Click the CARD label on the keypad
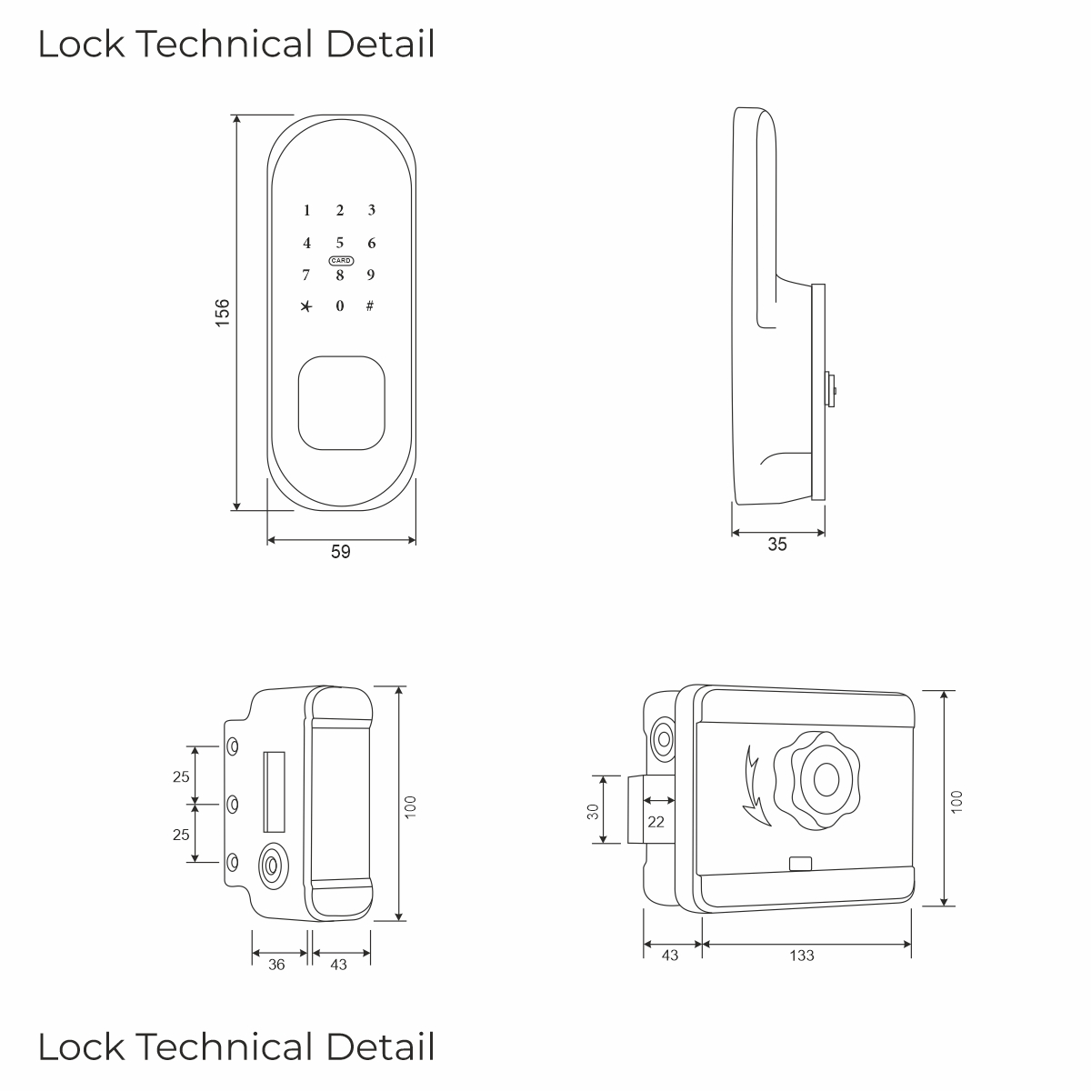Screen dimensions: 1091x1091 point(341,260)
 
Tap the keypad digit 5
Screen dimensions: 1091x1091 point(340,243)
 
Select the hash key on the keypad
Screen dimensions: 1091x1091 point(370,305)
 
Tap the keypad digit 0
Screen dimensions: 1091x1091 point(340,305)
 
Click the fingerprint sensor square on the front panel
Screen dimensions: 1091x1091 point(342,403)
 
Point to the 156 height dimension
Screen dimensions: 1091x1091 point(223,313)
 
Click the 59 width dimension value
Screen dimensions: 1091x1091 point(341,552)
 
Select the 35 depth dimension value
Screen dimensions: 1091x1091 point(777,544)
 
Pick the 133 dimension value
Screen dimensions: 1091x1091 point(802,956)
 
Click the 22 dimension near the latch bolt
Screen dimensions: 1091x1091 point(656,822)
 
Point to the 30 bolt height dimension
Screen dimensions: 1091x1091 point(593,811)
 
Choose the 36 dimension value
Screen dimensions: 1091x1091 point(276,965)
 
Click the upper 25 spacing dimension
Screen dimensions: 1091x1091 point(181,776)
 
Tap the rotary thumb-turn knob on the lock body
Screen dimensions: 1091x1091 point(817,780)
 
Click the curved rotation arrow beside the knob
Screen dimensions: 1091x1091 point(754,787)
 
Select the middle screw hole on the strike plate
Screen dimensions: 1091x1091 point(232,804)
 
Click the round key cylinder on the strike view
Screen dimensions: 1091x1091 point(274,866)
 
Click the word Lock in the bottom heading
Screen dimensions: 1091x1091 point(81,1046)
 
